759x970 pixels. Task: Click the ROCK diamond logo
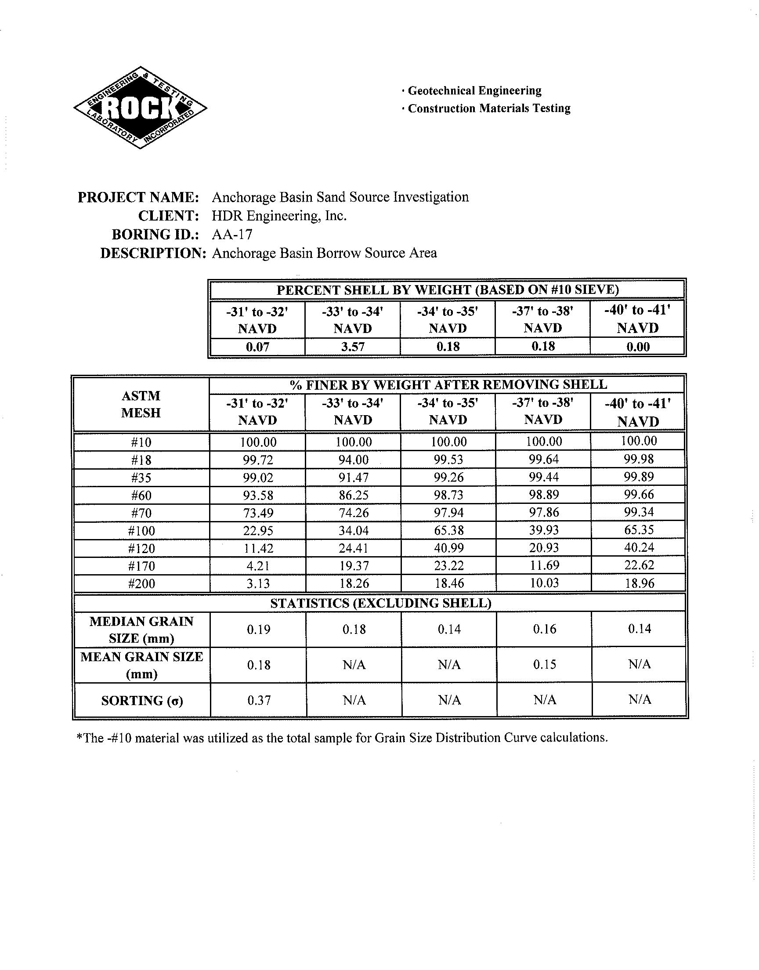(140, 108)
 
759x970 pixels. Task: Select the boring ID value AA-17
(232, 234)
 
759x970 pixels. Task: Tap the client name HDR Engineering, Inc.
(278, 216)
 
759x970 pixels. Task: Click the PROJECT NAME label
(138, 197)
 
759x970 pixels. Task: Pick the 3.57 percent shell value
(353, 347)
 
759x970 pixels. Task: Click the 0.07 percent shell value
(258, 347)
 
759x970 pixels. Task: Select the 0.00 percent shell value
(638, 347)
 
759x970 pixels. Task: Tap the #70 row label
(141, 513)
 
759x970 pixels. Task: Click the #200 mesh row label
(141, 583)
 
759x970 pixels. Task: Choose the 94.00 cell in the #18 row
(353, 460)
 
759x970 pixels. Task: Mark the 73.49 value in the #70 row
(258, 513)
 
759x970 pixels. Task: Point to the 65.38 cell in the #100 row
(449, 531)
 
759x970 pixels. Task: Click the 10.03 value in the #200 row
(544, 583)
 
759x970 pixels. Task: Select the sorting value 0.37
(259, 701)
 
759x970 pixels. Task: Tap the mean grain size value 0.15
(544, 665)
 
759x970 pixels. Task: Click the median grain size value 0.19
(259, 630)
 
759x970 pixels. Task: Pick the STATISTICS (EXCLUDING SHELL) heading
(380, 603)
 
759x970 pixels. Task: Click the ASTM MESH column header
(141, 404)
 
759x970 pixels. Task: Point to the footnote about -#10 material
(342, 738)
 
